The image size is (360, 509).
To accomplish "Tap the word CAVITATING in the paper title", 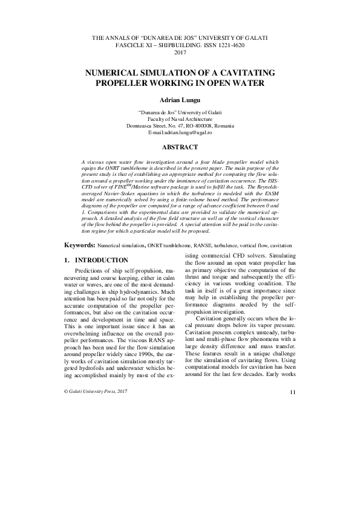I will (x=229, y=71).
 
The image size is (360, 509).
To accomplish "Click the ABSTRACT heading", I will (x=180, y=147).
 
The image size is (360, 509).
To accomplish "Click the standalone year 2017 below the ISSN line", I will (x=180, y=53).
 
